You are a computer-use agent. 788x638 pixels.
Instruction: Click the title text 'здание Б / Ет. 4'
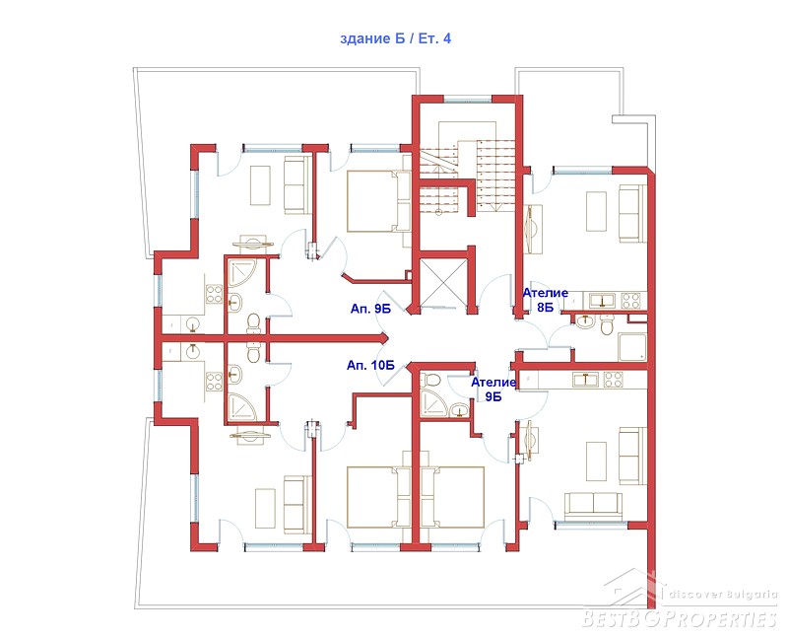coord(396,38)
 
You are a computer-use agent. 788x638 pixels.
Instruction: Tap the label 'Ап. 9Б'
coord(370,309)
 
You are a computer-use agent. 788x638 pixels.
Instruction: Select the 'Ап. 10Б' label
coord(370,365)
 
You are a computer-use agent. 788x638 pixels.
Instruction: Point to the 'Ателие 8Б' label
coord(546,300)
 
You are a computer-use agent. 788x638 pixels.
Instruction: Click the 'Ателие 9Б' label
coord(493,390)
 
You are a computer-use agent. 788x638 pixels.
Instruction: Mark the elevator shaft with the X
coord(443,281)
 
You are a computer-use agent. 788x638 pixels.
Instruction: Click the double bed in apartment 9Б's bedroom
coord(378,201)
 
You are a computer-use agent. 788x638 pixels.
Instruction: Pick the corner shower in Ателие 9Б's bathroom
coord(431,402)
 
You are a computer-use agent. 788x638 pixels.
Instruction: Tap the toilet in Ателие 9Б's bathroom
coord(431,379)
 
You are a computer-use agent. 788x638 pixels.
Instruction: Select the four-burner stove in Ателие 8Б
coord(630,301)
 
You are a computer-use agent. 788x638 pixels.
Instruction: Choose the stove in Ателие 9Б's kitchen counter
coord(613,380)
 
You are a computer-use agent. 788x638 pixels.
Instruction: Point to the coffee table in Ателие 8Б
coord(596,211)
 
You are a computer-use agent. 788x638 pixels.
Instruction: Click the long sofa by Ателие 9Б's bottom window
coord(593,506)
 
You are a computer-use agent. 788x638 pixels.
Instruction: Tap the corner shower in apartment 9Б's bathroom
coord(242,274)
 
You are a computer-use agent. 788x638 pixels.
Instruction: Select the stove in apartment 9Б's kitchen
coord(214,294)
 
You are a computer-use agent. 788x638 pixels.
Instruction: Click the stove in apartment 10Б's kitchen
coord(214,382)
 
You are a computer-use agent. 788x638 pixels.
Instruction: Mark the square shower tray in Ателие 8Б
coord(632,347)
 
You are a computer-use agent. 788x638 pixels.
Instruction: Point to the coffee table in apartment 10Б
coord(265,508)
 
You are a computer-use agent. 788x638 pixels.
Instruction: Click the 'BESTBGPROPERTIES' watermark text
coord(680,618)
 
